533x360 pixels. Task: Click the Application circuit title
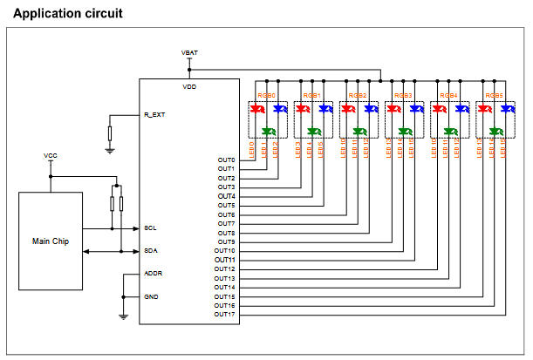(x=69, y=13)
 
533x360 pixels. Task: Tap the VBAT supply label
(x=189, y=52)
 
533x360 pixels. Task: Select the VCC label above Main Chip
(x=51, y=155)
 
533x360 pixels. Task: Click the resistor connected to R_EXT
(x=110, y=133)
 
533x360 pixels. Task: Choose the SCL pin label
(x=150, y=228)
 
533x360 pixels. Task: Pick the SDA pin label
(x=150, y=251)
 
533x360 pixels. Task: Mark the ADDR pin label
(x=152, y=274)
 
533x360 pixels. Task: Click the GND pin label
(x=151, y=296)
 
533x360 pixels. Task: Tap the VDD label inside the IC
(x=189, y=88)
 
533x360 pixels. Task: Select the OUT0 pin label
(x=226, y=160)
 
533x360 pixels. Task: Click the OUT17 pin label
(x=224, y=314)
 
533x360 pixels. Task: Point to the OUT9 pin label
(x=226, y=241)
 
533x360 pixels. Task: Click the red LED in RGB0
(x=256, y=110)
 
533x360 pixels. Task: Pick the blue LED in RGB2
(x=370, y=110)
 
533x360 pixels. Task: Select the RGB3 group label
(x=402, y=96)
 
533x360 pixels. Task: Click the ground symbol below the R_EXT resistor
(x=110, y=150)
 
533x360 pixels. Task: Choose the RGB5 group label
(x=493, y=96)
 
